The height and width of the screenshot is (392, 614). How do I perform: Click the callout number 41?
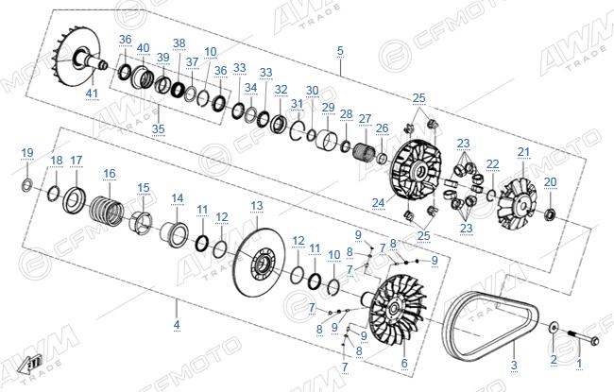[92, 94]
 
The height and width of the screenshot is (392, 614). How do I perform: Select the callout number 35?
[158, 128]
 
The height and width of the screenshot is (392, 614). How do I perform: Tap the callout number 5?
[340, 51]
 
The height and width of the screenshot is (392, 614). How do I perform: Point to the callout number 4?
[177, 325]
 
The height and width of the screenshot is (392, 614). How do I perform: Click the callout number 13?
[257, 206]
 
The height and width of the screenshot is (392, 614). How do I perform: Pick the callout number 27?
[365, 119]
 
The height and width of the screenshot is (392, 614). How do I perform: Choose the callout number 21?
[523, 152]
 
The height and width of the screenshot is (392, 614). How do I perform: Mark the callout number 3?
[514, 365]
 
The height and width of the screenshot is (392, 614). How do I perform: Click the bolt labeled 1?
[584, 337]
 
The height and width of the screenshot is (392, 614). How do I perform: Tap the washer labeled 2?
[554, 328]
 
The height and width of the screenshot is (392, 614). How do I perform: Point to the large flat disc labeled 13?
[259, 263]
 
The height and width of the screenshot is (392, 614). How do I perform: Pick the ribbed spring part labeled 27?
[366, 150]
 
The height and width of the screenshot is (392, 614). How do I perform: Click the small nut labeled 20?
[550, 213]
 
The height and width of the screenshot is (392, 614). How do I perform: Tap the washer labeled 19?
[26, 184]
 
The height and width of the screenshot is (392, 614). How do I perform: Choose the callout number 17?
[76, 161]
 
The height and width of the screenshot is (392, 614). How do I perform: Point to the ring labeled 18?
[53, 194]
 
